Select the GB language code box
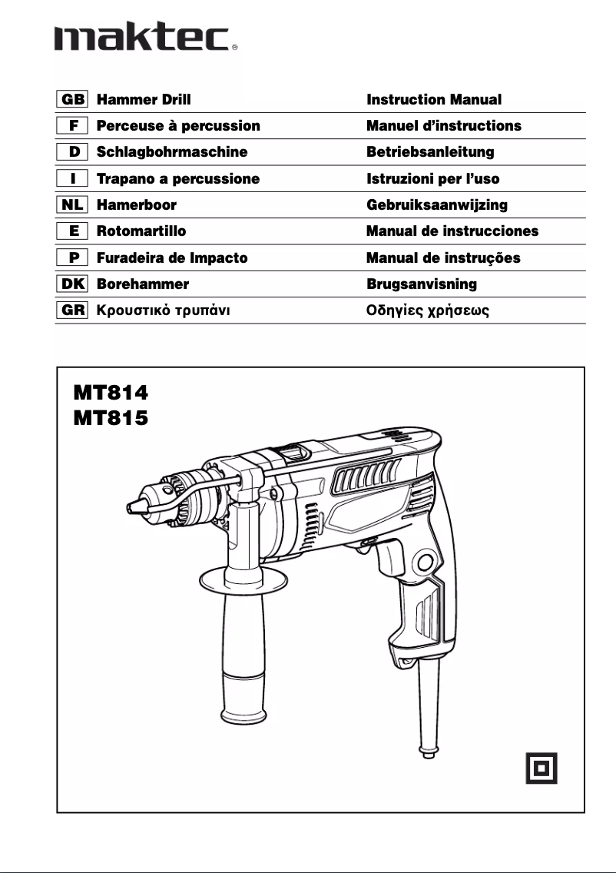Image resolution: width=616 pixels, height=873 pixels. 73,100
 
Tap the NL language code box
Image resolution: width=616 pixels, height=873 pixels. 73,205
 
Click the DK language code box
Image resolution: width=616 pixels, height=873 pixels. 73,284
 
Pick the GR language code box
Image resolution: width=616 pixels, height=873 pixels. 73,310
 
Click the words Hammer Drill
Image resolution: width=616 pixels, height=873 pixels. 144,100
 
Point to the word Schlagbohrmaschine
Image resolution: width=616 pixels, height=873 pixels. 172,152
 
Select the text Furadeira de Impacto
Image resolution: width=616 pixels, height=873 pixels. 172,258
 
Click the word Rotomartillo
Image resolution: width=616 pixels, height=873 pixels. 141,231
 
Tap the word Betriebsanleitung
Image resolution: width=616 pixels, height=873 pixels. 430,152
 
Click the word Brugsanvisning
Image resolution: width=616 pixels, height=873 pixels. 422,284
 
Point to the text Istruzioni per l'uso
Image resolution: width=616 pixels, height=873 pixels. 433,179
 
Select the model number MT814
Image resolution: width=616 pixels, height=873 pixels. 111,393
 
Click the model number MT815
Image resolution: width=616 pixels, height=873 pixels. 111,418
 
